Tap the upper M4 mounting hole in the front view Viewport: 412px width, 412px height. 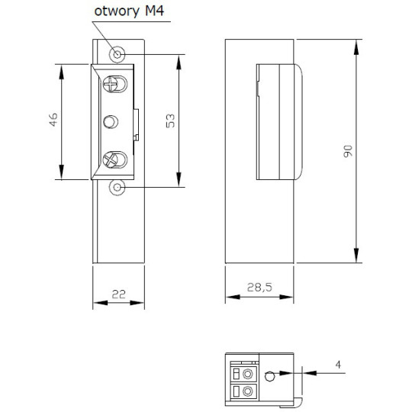[x=117, y=54]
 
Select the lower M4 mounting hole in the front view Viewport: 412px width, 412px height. [x=117, y=186]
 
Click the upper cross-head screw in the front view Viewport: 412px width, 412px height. [x=114, y=84]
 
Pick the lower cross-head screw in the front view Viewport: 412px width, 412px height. [x=114, y=159]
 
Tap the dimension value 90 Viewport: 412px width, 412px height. [x=348, y=151]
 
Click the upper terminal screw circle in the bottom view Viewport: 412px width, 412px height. [x=247, y=373]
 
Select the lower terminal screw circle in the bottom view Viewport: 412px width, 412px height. [x=247, y=392]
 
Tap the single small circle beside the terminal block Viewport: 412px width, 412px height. [x=269, y=375]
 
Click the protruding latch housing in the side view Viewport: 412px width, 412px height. [x=279, y=121]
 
